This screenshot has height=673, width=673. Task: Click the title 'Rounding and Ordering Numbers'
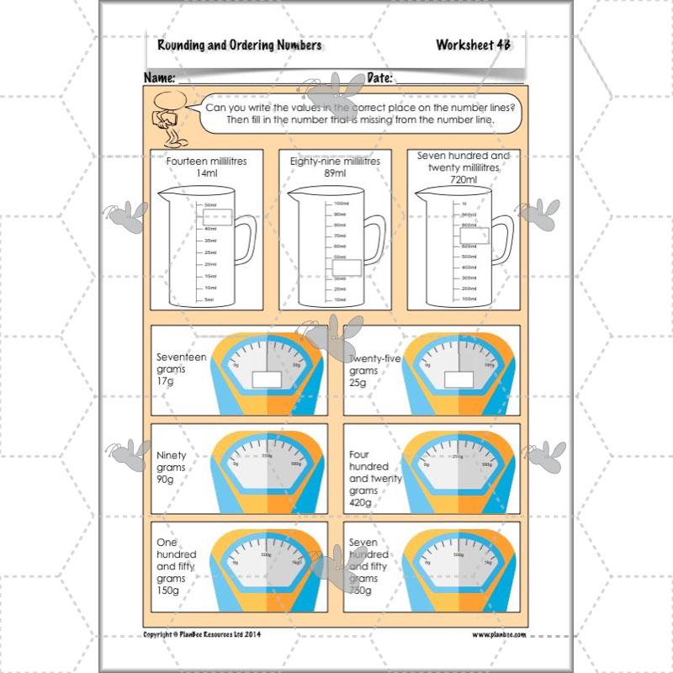pos(239,45)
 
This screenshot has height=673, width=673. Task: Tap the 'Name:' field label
pos(160,78)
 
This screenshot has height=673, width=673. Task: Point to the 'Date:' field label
pos(380,78)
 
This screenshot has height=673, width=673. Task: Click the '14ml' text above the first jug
pos(207,172)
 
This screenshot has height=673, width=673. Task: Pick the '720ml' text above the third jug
pos(463,179)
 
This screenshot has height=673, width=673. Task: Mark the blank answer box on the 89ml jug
pos(347,268)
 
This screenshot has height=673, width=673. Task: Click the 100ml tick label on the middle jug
pos(341,204)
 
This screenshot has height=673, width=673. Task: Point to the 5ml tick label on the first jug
pos(209,299)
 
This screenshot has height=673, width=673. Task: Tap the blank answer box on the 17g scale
pos(267,379)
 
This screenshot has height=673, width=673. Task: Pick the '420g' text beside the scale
pos(361,502)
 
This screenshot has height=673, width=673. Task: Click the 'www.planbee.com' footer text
pos(500,635)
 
